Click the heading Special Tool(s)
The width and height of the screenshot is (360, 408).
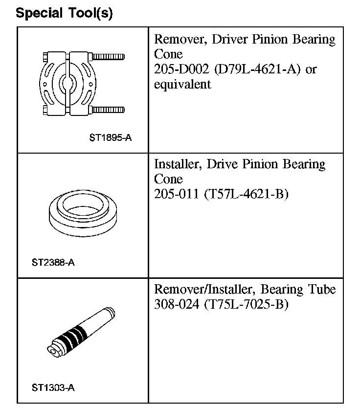tap(64, 13)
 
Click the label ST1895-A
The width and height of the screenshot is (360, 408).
tap(110, 138)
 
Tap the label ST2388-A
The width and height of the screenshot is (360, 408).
tap(53, 263)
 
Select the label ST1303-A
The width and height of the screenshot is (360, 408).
tap(53, 388)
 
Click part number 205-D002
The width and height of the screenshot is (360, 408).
tap(182, 69)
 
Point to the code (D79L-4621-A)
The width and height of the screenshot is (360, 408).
tap(258, 69)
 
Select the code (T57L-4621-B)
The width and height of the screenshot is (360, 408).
tap(246, 194)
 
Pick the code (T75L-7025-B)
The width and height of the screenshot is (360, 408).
tap(246, 304)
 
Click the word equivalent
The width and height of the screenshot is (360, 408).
tap(182, 84)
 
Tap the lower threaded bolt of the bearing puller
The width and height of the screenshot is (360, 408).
tap(108, 109)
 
